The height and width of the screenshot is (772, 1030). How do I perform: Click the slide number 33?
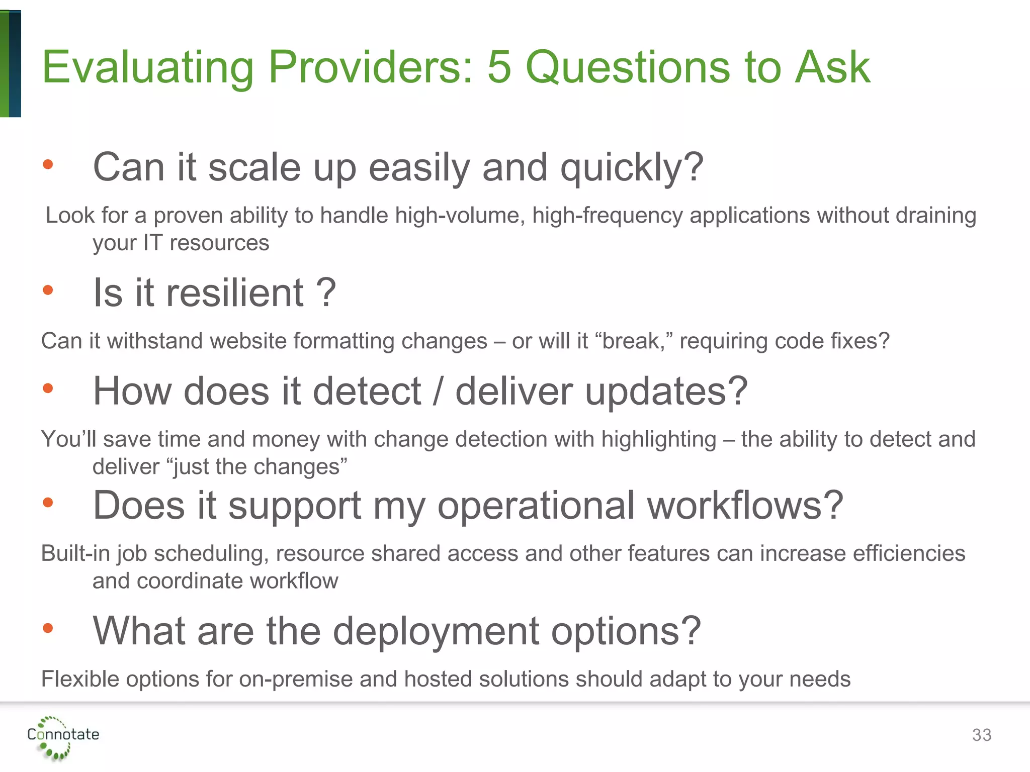pos(981,735)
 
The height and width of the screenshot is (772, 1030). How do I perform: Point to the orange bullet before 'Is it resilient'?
pos(48,290)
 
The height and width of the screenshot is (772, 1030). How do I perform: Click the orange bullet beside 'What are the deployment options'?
pos(48,628)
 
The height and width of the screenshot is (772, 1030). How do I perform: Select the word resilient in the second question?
pos(235,293)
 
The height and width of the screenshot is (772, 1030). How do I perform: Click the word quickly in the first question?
pos(632,168)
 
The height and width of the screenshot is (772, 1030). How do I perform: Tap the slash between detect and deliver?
pos(438,391)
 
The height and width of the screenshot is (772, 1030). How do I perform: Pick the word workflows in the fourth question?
pos(745,505)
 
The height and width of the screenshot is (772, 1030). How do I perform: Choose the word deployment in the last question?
pos(436,631)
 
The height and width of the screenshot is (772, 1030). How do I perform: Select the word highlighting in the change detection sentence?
pos(659,439)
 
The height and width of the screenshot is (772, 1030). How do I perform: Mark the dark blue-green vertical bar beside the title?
pos(15,64)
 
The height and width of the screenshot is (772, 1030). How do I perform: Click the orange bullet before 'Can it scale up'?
pos(48,164)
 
